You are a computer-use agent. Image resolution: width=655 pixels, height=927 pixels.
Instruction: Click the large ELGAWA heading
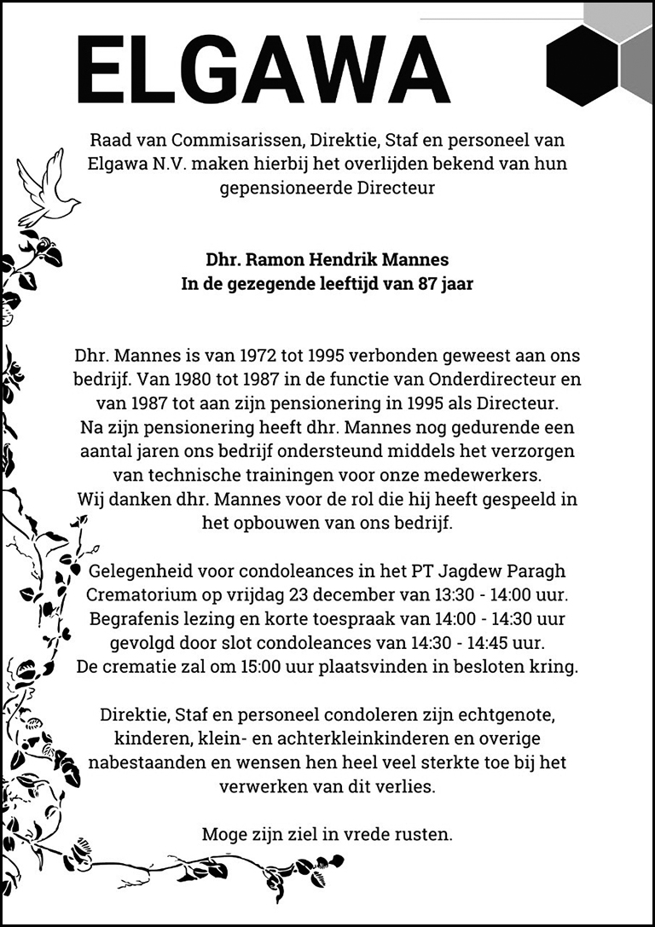(x=263, y=70)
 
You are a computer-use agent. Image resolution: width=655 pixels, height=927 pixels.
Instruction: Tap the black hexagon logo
(x=583, y=66)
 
